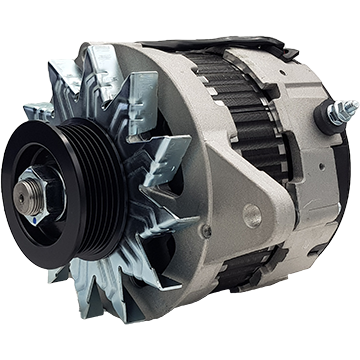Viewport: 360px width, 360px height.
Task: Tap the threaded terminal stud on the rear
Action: coord(345,108)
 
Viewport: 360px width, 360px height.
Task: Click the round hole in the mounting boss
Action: coord(251,212)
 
